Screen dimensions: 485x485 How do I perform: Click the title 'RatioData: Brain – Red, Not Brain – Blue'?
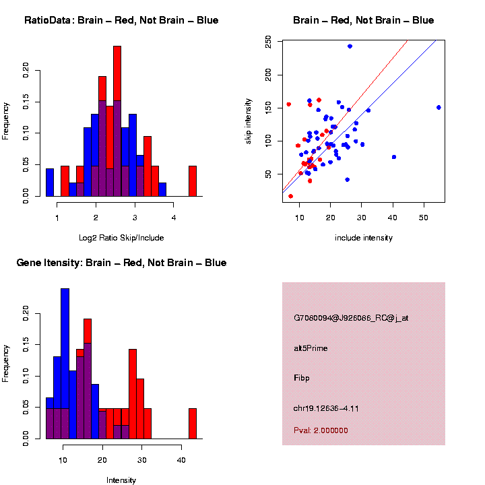coord(121,20)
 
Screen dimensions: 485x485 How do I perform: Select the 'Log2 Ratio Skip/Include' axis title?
coord(121,238)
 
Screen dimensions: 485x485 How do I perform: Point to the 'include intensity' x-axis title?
coord(363,238)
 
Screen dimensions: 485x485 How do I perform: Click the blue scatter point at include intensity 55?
coord(439,107)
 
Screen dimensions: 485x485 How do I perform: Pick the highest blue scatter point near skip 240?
coord(350,46)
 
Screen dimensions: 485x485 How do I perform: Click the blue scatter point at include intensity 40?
coord(393,157)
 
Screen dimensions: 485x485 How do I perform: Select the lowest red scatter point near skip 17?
coord(290,196)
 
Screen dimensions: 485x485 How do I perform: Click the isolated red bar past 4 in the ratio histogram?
coord(193,181)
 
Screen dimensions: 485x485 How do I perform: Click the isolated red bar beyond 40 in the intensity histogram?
coord(193,424)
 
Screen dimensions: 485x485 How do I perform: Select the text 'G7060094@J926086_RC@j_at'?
coord(350,318)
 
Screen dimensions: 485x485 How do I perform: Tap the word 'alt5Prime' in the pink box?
coord(311,348)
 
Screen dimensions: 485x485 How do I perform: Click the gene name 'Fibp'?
coord(301,378)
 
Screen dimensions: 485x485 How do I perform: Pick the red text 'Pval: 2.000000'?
coord(321,430)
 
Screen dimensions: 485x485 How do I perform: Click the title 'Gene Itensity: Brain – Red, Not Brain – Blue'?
coord(121,263)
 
